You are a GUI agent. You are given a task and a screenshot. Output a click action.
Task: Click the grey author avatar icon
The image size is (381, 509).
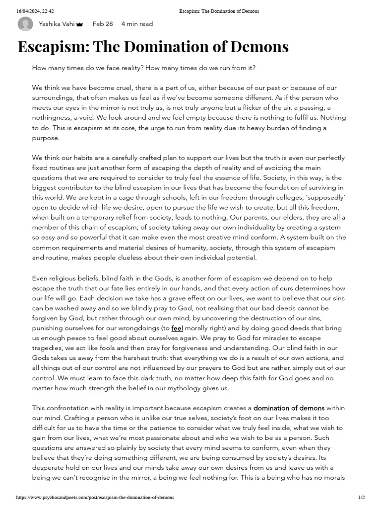pyautogui.click(x=25, y=24)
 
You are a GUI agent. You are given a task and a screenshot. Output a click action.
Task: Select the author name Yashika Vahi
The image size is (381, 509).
pyautogui.click(x=56, y=24)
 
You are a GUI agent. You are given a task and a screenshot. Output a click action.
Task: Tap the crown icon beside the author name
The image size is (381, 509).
pyautogui.click(x=79, y=24)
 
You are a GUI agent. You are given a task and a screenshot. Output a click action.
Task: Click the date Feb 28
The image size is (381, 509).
pyautogui.click(x=103, y=24)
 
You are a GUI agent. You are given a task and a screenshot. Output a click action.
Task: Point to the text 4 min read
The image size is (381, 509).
pyautogui.click(x=137, y=24)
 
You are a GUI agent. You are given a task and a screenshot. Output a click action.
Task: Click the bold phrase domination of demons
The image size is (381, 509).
pyautogui.click(x=289, y=408)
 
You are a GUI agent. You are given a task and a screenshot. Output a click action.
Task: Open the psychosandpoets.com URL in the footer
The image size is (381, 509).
pyautogui.click(x=95, y=498)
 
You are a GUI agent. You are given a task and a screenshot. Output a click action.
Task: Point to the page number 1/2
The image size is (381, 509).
pyautogui.click(x=361, y=498)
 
